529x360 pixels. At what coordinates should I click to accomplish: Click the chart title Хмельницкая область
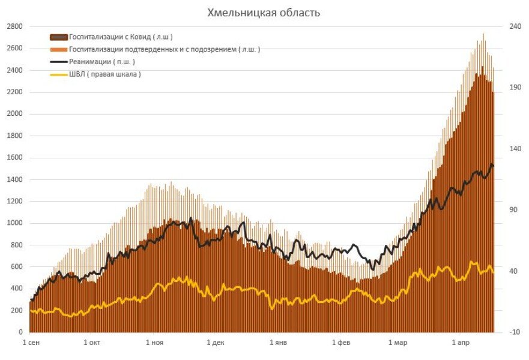(264, 13)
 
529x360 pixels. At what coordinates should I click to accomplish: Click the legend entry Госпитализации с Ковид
(121, 37)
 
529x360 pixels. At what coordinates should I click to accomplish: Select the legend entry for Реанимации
(102, 61)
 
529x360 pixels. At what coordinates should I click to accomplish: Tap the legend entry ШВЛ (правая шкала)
(105, 74)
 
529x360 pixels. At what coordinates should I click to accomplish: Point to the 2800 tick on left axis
(14, 26)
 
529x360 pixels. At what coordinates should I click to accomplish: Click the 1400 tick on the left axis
(14, 179)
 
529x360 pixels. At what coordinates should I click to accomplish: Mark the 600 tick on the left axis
(16, 266)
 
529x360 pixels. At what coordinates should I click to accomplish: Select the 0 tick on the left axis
(21, 332)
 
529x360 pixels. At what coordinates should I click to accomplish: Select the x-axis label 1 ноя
(154, 343)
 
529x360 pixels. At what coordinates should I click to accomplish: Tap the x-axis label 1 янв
(278, 343)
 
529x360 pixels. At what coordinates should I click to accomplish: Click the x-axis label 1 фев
(340, 343)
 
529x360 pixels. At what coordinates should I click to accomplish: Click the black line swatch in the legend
(59, 62)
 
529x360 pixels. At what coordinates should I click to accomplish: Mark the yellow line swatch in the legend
(59, 74)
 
